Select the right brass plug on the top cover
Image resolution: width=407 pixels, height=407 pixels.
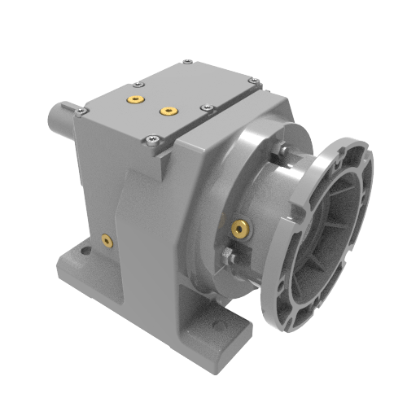point(168,110)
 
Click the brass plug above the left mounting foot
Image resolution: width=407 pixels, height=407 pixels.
point(105,239)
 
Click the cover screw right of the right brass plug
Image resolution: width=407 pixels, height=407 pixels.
point(203,107)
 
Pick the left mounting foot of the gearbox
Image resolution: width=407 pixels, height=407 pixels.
point(81,265)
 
